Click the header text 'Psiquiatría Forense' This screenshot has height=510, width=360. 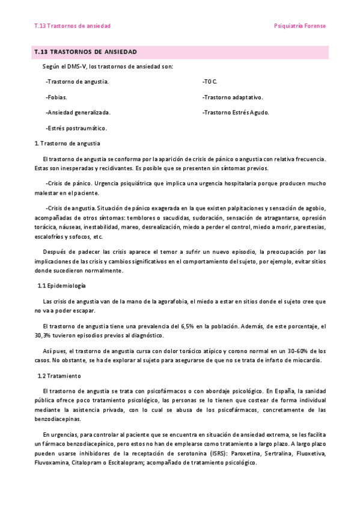point(299,26)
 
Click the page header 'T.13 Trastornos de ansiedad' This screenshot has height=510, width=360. point(73,26)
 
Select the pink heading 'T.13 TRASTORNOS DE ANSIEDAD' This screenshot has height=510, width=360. point(86,52)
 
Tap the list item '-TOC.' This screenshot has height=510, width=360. point(210,81)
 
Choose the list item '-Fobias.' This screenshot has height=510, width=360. point(56,96)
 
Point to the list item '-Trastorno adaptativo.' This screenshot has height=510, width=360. point(233,96)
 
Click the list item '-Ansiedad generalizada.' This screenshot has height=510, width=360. point(78,112)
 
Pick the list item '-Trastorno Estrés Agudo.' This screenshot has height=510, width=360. point(236,112)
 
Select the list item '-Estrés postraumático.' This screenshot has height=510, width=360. point(76,127)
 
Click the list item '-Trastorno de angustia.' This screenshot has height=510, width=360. point(77,81)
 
